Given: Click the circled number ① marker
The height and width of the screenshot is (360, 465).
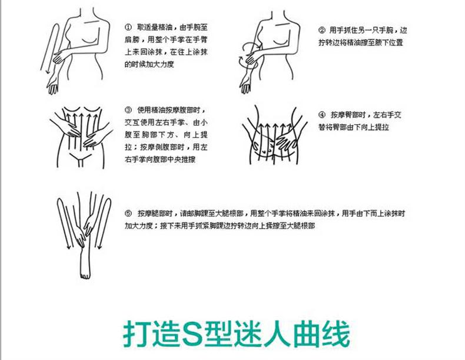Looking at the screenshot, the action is click(x=128, y=27).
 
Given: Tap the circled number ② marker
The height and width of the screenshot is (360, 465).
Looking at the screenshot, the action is click(x=322, y=30).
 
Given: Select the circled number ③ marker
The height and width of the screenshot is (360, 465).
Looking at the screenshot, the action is click(x=128, y=110).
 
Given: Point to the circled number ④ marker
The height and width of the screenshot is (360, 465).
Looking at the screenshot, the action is click(x=322, y=115).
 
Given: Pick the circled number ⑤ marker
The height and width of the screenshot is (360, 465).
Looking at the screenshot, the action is click(x=128, y=213).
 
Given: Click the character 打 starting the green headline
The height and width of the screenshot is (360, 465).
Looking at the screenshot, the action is click(x=137, y=333).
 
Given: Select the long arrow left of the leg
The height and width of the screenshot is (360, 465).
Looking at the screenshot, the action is click(x=63, y=223).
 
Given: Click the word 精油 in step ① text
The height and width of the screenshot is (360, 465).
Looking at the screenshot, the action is click(x=166, y=27).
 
